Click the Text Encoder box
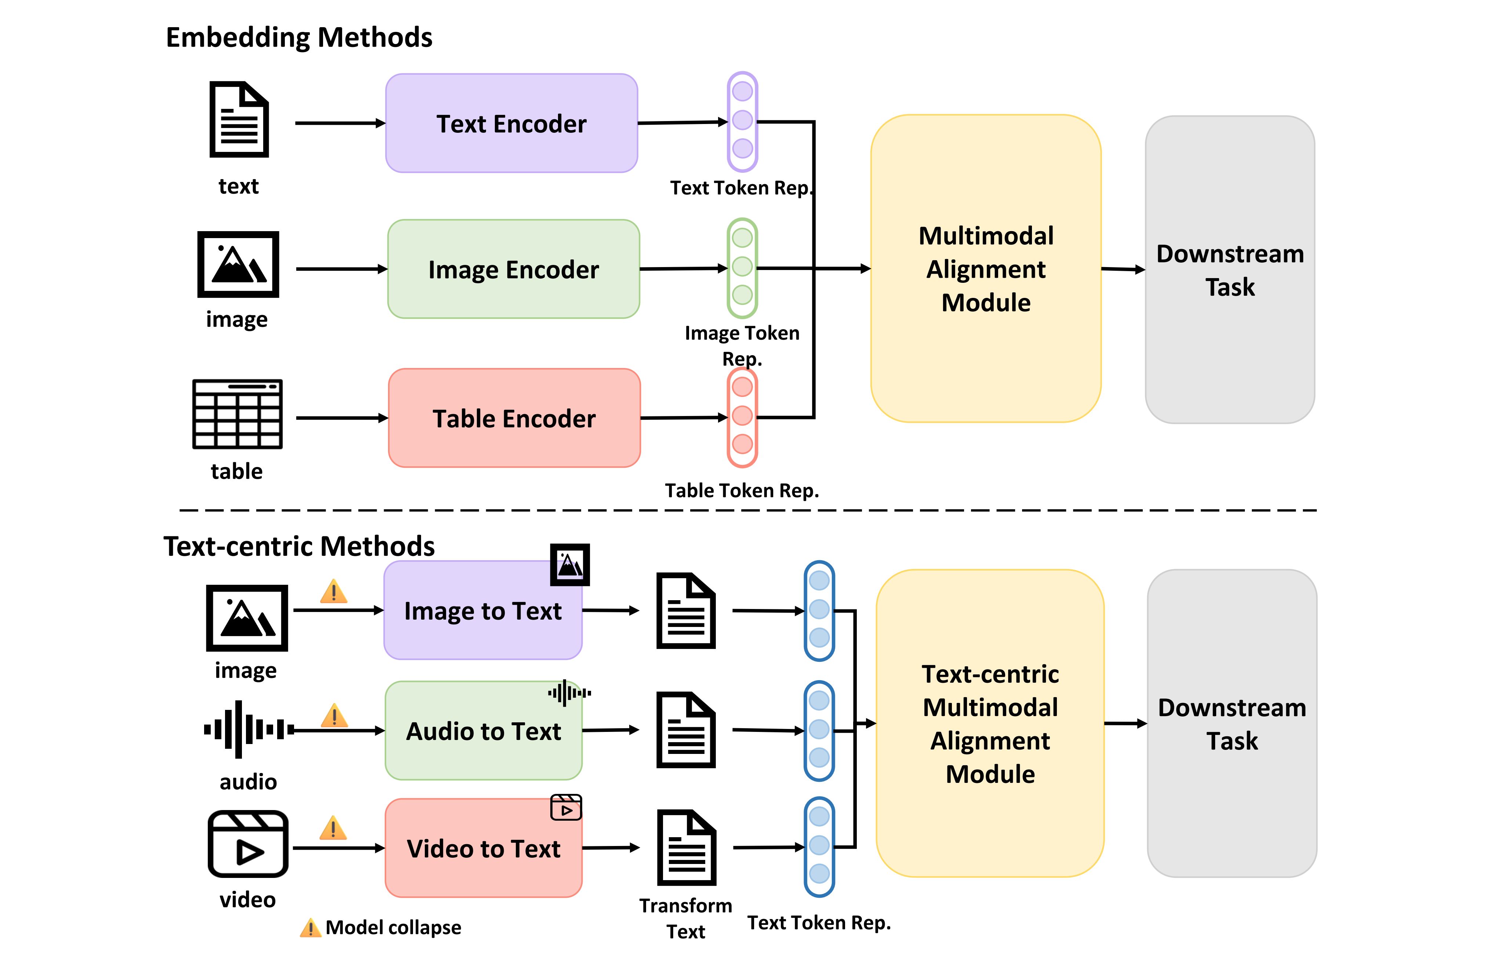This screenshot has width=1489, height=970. point(511,123)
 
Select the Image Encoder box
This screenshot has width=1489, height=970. point(513,269)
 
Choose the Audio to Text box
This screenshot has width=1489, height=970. point(483,730)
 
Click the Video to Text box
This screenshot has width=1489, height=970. point(483,848)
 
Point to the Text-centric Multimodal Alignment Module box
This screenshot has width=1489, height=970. point(990,723)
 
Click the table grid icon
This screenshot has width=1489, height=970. point(237,414)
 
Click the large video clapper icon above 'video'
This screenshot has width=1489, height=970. point(248,844)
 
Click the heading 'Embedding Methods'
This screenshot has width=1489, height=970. point(299,37)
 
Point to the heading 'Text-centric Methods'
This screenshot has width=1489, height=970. point(299,546)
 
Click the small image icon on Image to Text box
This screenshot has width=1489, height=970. point(569,565)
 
